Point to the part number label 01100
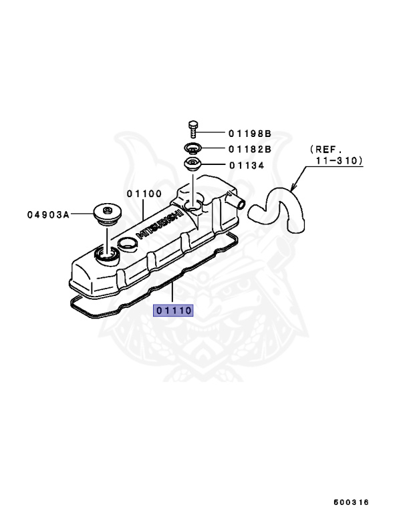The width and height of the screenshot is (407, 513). (x=144, y=193)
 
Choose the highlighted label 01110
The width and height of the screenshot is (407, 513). (x=174, y=310)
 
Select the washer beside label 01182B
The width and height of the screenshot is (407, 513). (x=192, y=148)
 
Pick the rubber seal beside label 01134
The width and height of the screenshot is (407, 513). (x=192, y=165)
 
